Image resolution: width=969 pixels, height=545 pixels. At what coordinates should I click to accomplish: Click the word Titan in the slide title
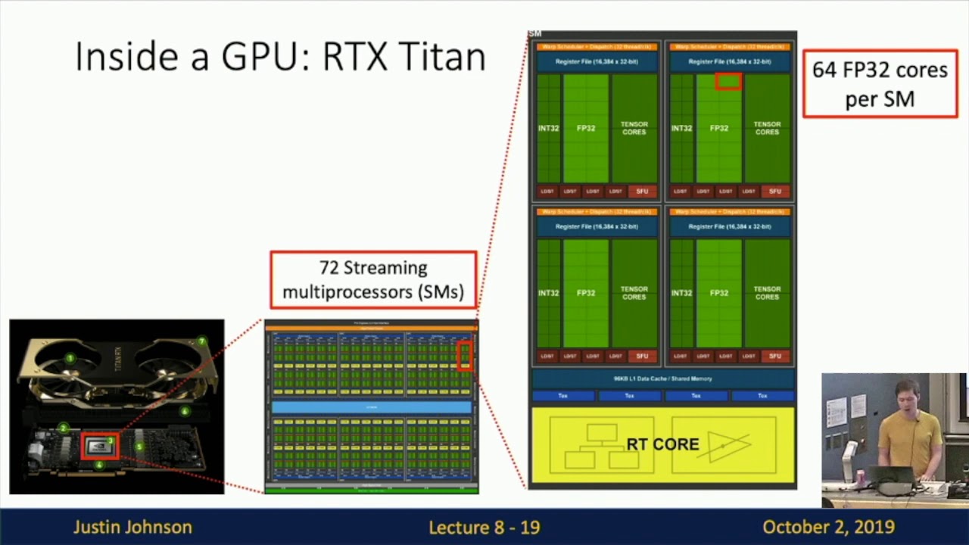pyautogui.click(x=442, y=57)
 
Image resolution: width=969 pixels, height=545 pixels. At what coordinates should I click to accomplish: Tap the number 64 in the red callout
pyautogui.click(x=825, y=70)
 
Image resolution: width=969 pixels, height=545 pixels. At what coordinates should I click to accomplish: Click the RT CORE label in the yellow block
pyautogui.click(x=662, y=444)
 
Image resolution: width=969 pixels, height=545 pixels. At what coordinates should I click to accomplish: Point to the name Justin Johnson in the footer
pyautogui.click(x=132, y=527)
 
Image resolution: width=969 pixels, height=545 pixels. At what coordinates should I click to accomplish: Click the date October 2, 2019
pyautogui.click(x=828, y=527)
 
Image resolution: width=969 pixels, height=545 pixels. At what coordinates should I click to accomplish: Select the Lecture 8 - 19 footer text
pyautogui.click(x=484, y=527)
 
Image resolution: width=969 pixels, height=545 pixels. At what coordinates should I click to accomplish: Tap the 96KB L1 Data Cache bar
pyautogui.click(x=662, y=378)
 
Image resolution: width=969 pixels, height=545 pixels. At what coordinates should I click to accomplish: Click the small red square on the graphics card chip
pyautogui.click(x=100, y=446)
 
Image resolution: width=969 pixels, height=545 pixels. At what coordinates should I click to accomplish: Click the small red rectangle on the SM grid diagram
pyautogui.click(x=465, y=355)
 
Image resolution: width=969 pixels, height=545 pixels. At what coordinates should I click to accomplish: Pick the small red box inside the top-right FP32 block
pyautogui.click(x=728, y=81)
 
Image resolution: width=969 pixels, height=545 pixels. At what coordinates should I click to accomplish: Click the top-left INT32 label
pyautogui.click(x=548, y=129)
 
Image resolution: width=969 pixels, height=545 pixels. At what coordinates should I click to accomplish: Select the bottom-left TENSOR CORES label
pyautogui.click(x=634, y=293)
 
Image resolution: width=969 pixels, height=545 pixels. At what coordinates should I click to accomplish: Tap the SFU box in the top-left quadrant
pyautogui.click(x=642, y=192)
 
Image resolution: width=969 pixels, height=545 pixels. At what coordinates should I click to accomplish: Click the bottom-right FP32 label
pyautogui.click(x=718, y=293)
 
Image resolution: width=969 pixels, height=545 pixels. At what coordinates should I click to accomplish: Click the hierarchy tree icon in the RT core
pyautogui.click(x=602, y=445)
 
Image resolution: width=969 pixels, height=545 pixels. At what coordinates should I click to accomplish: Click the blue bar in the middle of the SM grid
pyautogui.click(x=371, y=407)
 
